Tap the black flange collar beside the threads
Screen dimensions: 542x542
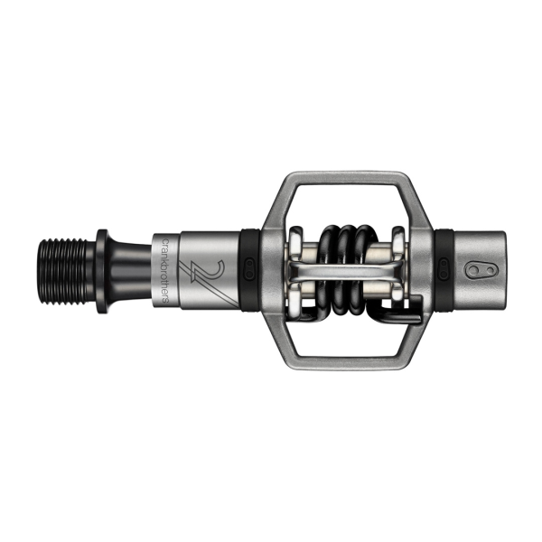(101, 269)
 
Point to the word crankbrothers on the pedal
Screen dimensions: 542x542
(164, 269)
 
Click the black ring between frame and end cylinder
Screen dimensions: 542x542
(443, 269)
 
